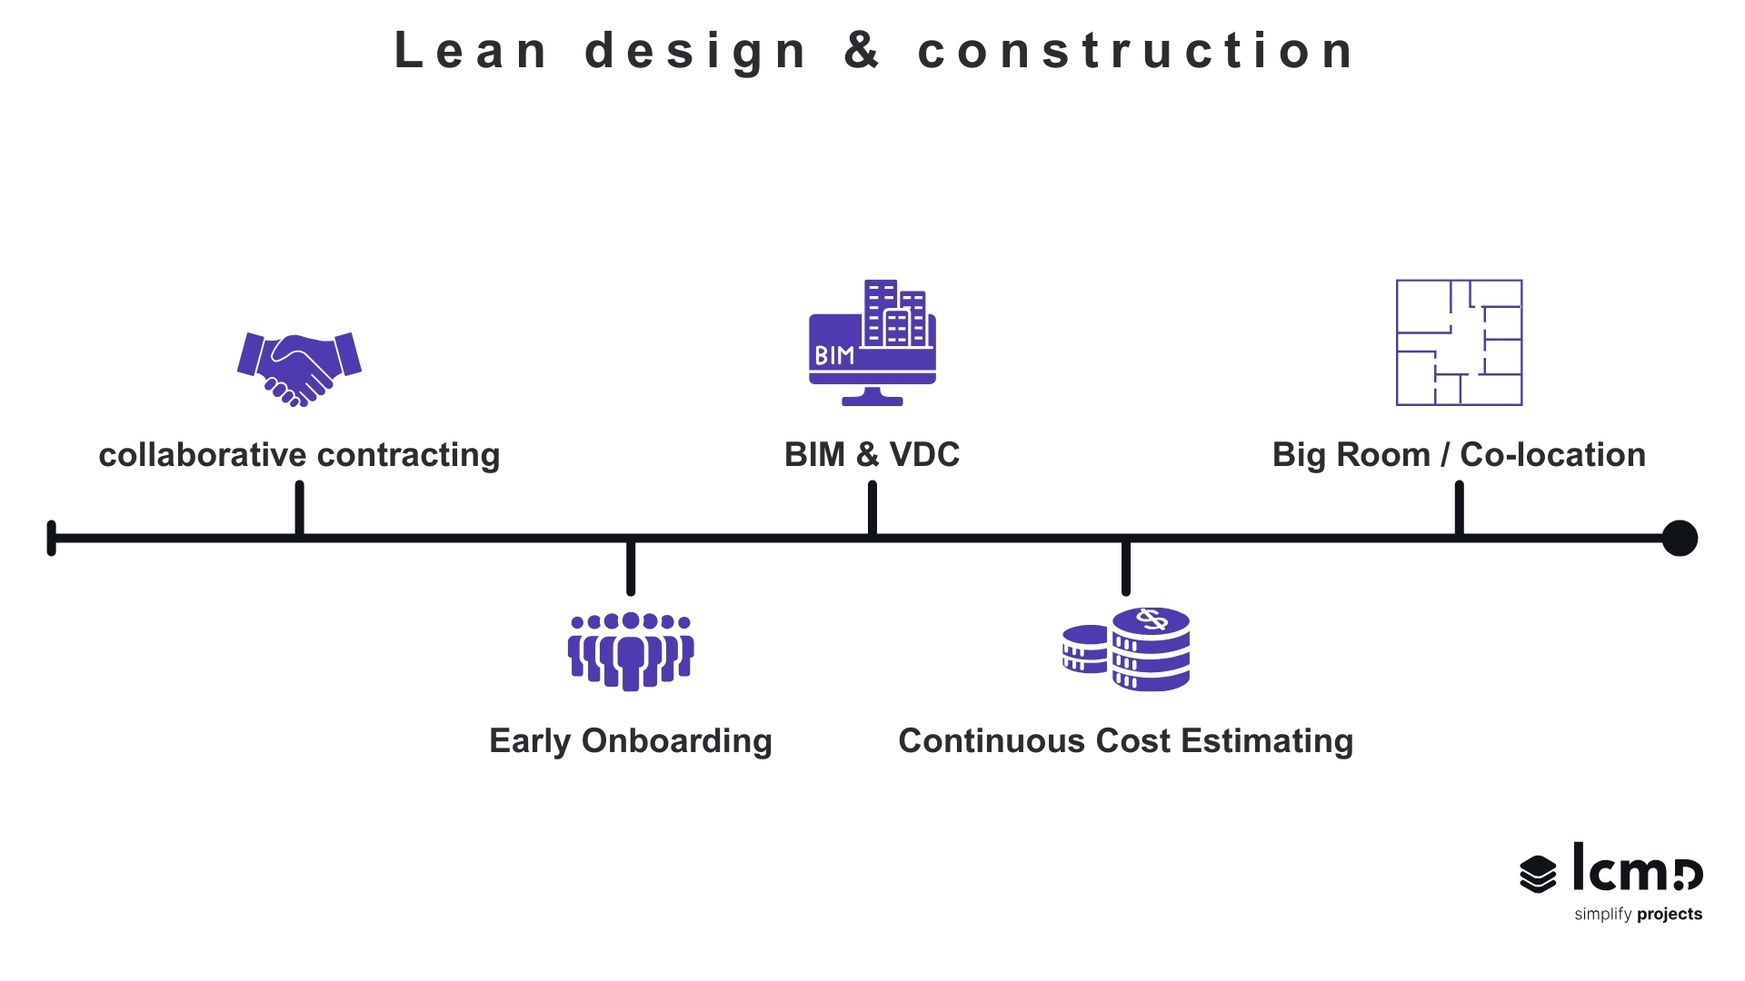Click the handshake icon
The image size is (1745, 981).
click(x=299, y=369)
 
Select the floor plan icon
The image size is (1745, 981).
click(x=1459, y=342)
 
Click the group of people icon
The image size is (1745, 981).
click(x=631, y=650)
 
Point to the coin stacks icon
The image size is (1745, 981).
click(x=1127, y=649)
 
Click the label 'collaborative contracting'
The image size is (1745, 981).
click(x=299, y=454)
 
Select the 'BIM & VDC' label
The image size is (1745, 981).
click(x=872, y=454)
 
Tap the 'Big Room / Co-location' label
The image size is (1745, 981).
click(x=1459, y=454)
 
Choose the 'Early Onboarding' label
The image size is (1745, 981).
click(x=631, y=740)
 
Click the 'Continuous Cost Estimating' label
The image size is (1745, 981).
click(x=1126, y=740)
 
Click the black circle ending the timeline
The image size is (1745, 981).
click(x=1680, y=538)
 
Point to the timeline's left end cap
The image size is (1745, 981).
click(x=52, y=538)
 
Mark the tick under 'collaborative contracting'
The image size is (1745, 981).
click(x=299, y=509)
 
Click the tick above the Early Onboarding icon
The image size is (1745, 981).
click(x=631, y=568)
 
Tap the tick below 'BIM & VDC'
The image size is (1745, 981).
click(x=872, y=509)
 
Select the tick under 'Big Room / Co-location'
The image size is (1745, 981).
click(x=1459, y=509)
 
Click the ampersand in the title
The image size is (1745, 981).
click(x=861, y=50)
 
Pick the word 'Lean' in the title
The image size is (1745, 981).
click(x=471, y=50)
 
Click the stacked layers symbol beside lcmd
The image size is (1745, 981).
click(x=1538, y=874)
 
